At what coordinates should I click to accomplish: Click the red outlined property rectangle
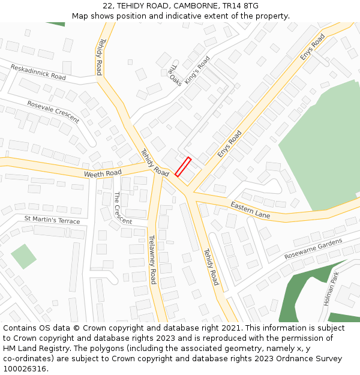(x=183, y=167)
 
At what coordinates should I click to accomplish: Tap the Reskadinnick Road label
(x=38, y=72)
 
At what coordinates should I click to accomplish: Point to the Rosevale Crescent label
(x=53, y=112)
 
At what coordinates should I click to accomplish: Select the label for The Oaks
(x=175, y=75)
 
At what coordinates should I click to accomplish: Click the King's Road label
(x=197, y=70)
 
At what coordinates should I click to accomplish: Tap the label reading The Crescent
(x=122, y=208)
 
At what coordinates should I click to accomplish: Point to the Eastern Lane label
(x=250, y=210)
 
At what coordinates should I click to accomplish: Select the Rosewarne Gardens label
(x=313, y=248)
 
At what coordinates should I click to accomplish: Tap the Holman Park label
(x=331, y=289)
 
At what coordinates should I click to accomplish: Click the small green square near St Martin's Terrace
(x=23, y=256)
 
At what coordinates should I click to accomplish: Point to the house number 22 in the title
(x=108, y=6)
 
